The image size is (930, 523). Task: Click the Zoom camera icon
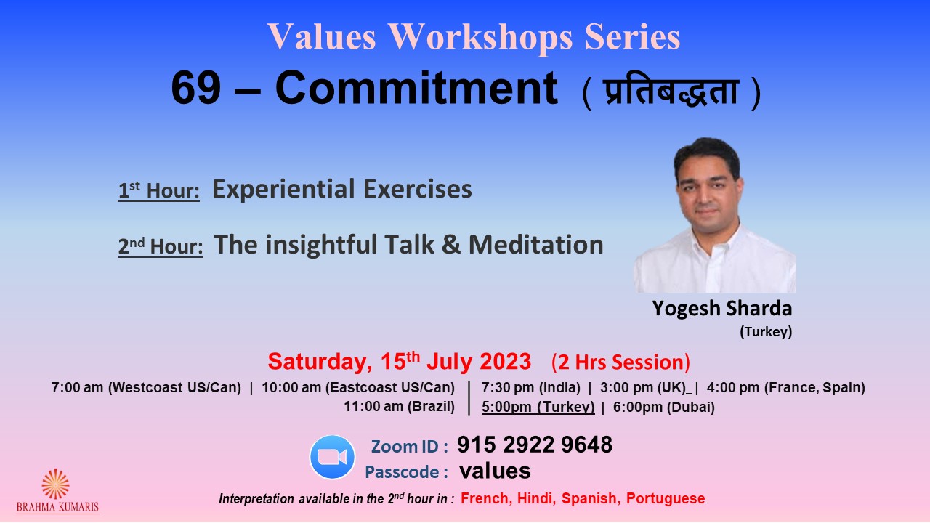click(332, 457)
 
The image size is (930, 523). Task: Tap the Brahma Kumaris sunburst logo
click(56, 484)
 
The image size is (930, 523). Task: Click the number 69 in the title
click(195, 88)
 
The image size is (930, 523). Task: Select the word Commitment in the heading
click(416, 88)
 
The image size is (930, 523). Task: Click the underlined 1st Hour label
click(158, 190)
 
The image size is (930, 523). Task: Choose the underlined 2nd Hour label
click(161, 246)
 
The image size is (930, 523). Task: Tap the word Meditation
click(536, 245)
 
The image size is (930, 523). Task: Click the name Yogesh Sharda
click(722, 309)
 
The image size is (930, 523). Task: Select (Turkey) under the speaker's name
click(766, 332)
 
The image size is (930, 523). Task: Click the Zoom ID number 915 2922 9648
click(535, 445)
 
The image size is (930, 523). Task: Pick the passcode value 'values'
click(495, 471)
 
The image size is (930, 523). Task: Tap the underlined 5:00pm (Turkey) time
click(538, 408)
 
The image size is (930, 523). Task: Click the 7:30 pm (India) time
click(531, 388)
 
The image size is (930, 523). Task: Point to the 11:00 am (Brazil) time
click(400, 407)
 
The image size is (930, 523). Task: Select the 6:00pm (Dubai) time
click(664, 408)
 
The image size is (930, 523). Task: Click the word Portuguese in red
click(666, 498)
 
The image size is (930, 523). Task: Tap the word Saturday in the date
click(320, 362)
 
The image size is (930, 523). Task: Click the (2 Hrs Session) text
click(620, 362)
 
